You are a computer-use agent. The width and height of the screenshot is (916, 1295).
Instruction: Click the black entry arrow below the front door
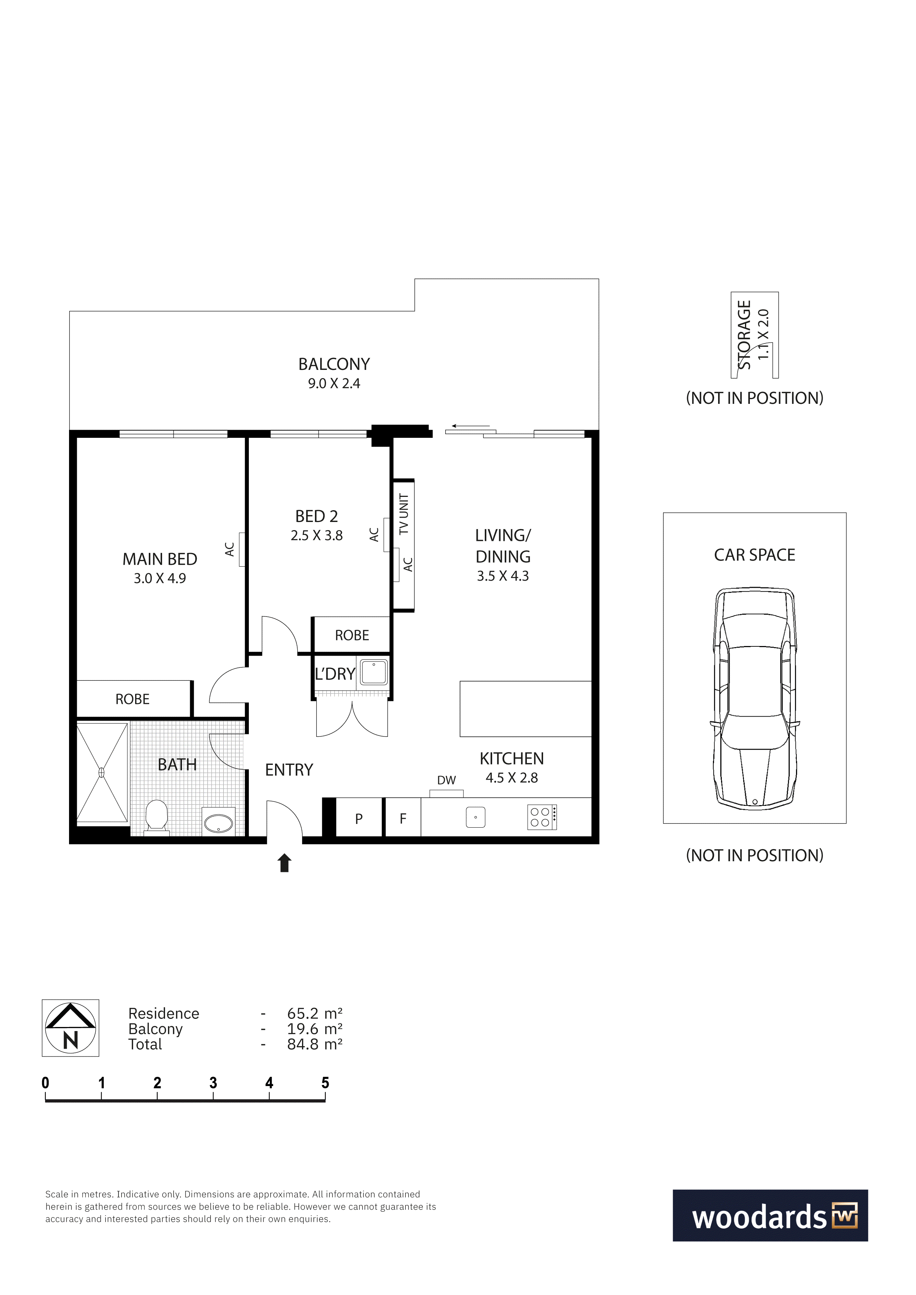284,863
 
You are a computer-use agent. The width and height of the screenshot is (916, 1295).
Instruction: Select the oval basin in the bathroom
218,824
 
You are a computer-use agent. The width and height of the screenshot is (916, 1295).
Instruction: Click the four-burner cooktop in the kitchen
542,817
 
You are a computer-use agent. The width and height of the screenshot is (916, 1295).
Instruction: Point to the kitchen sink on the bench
476,817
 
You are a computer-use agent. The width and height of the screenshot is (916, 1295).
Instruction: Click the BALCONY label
334,364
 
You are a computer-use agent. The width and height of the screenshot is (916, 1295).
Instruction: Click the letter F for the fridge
403,819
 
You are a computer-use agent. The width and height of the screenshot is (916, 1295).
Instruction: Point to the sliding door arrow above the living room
470,426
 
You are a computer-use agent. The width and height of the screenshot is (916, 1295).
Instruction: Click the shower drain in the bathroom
102,773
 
